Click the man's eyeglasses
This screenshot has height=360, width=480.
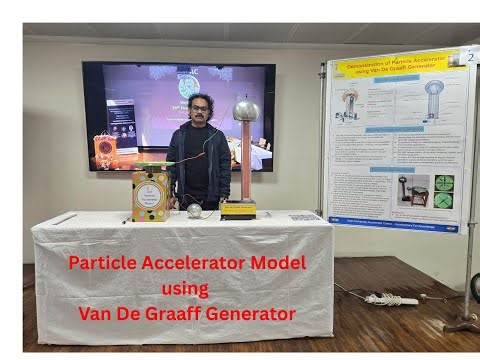(200, 107)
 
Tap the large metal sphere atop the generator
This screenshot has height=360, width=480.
(245, 110)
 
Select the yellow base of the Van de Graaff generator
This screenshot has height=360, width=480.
(238, 209)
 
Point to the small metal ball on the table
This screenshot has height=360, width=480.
(194, 210)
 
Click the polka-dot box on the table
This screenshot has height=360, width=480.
(150, 195)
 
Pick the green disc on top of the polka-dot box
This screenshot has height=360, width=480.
(153, 165)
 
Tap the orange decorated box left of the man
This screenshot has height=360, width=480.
(105, 149)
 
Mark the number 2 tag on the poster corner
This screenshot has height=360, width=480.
(469, 57)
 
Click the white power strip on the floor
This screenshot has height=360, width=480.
(391, 299)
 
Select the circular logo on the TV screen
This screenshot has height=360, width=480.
(189, 84)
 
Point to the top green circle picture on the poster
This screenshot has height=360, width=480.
(443, 183)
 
